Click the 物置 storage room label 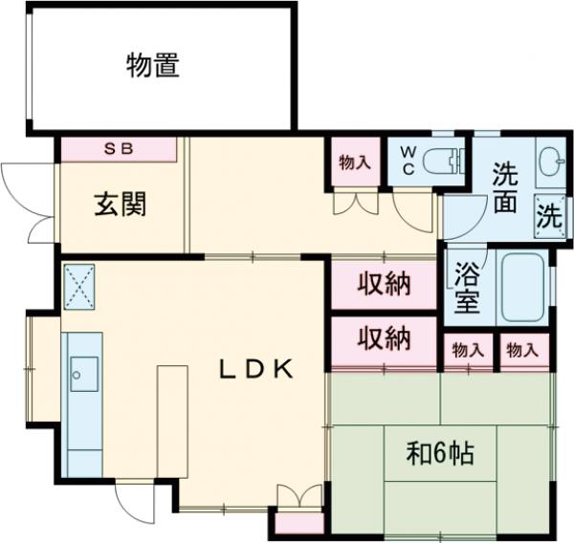(153, 67)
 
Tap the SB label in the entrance (120, 148)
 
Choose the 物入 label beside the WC (355, 163)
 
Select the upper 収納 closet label (385, 285)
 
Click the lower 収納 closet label (385, 337)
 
